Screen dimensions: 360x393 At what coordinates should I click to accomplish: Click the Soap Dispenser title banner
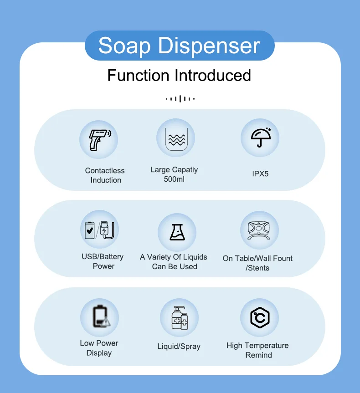click(179, 46)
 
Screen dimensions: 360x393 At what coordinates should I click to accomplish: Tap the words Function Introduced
click(179, 75)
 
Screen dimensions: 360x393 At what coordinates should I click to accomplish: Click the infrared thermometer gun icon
click(99, 139)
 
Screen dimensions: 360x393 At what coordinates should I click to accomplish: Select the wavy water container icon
click(175, 138)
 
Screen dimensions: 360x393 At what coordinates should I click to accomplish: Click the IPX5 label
click(260, 174)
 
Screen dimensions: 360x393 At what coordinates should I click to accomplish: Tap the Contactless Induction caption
click(105, 175)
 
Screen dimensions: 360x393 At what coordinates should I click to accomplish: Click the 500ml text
click(174, 179)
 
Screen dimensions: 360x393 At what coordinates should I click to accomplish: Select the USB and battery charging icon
click(99, 230)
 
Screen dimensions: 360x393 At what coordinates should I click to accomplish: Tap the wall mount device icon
click(259, 230)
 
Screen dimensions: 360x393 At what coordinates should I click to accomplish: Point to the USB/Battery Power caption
click(103, 261)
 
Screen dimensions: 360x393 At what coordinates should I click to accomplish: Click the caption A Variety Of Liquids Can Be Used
click(174, 262)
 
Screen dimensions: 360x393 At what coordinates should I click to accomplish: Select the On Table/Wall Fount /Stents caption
click(257, 263)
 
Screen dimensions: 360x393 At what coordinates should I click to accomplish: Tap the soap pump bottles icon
click(179, 317)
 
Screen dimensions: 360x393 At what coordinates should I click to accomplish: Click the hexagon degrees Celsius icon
click(259, 317)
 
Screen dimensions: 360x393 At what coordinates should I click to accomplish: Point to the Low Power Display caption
click(99, 348)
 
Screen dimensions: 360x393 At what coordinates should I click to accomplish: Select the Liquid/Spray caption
click(179, 347)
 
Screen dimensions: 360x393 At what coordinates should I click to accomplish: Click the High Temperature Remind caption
click(257, 350)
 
